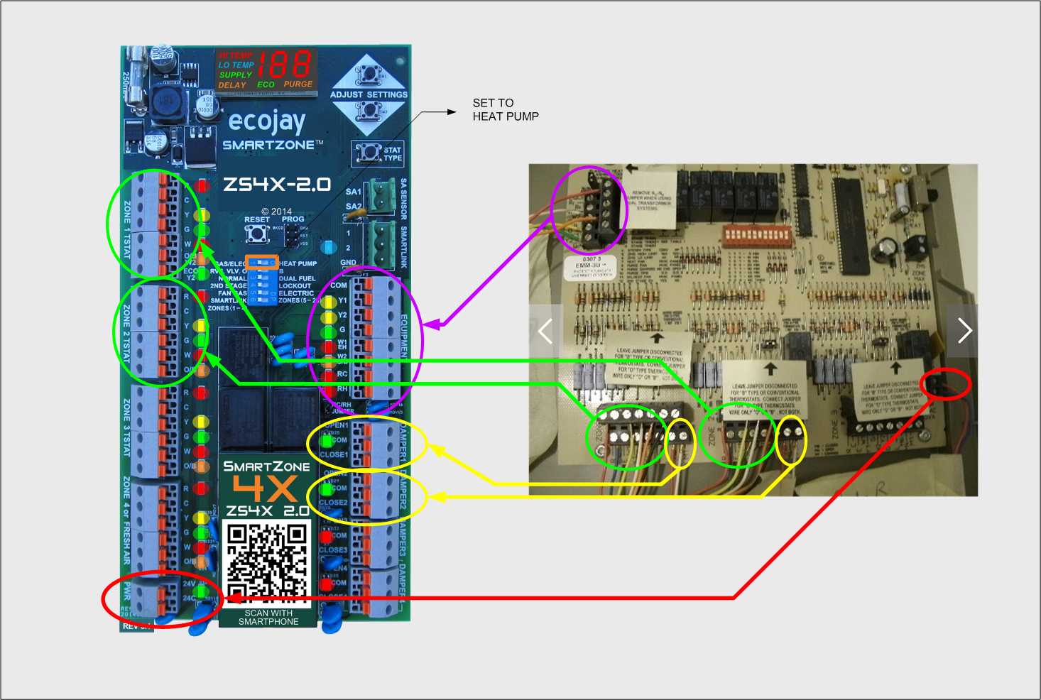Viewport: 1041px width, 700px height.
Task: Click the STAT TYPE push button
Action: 369,152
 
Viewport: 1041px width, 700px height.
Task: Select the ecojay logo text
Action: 267,121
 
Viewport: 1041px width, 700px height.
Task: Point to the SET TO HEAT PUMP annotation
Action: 506,110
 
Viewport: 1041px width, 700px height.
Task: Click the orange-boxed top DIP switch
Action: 261,262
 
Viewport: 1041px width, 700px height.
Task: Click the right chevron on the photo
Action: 964,331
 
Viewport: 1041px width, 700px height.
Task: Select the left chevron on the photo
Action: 545,331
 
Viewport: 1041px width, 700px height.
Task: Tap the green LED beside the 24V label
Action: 203,590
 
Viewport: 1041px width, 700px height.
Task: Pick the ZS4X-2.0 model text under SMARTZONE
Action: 277,185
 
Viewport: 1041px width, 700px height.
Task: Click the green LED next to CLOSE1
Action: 327,441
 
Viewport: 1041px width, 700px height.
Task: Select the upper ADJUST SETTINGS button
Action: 369,73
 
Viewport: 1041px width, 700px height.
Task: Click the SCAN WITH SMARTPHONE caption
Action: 268,618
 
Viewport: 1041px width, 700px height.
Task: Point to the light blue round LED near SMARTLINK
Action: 327,247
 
